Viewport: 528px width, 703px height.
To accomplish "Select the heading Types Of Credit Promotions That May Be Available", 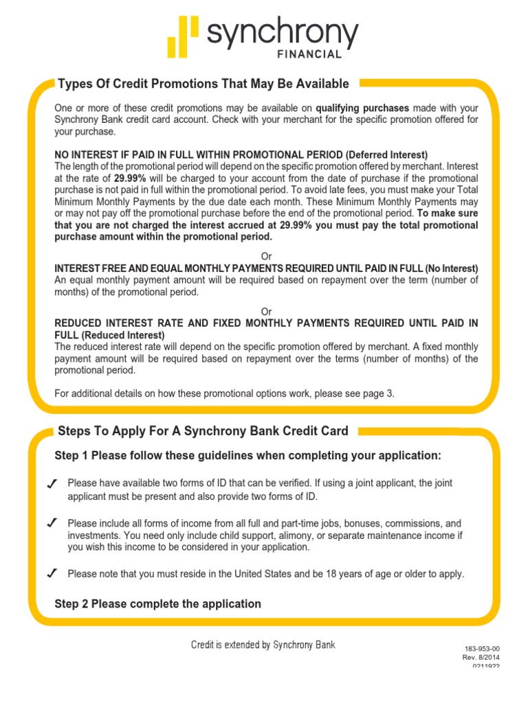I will click(203, 84).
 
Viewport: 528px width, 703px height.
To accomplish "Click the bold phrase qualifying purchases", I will click(362, 108).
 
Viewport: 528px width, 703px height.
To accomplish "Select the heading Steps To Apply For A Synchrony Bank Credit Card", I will click(203, 431).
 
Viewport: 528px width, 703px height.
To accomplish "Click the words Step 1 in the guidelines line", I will click(71, 456).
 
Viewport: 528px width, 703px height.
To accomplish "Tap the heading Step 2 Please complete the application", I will click(157, 603).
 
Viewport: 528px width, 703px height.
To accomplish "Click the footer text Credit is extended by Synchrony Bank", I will click(263, 645).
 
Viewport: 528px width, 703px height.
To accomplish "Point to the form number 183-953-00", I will click(482, 649).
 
